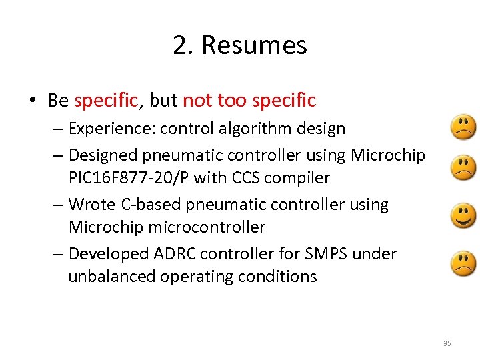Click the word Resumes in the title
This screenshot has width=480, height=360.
[x=254, y=46]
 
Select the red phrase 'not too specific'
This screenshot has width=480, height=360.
[x=249, y=101]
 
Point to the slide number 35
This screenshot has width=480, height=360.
[x=447, y=343]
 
